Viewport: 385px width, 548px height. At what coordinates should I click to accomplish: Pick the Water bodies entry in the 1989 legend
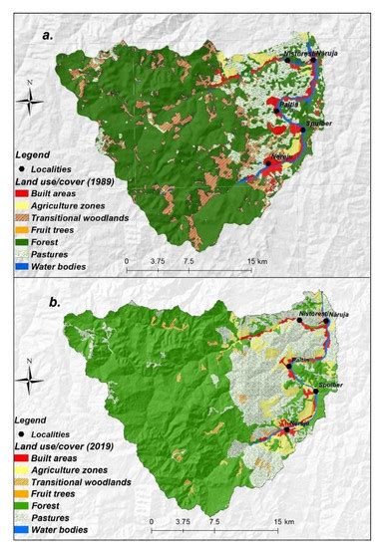pyautogui.click(x=71, y=267)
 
